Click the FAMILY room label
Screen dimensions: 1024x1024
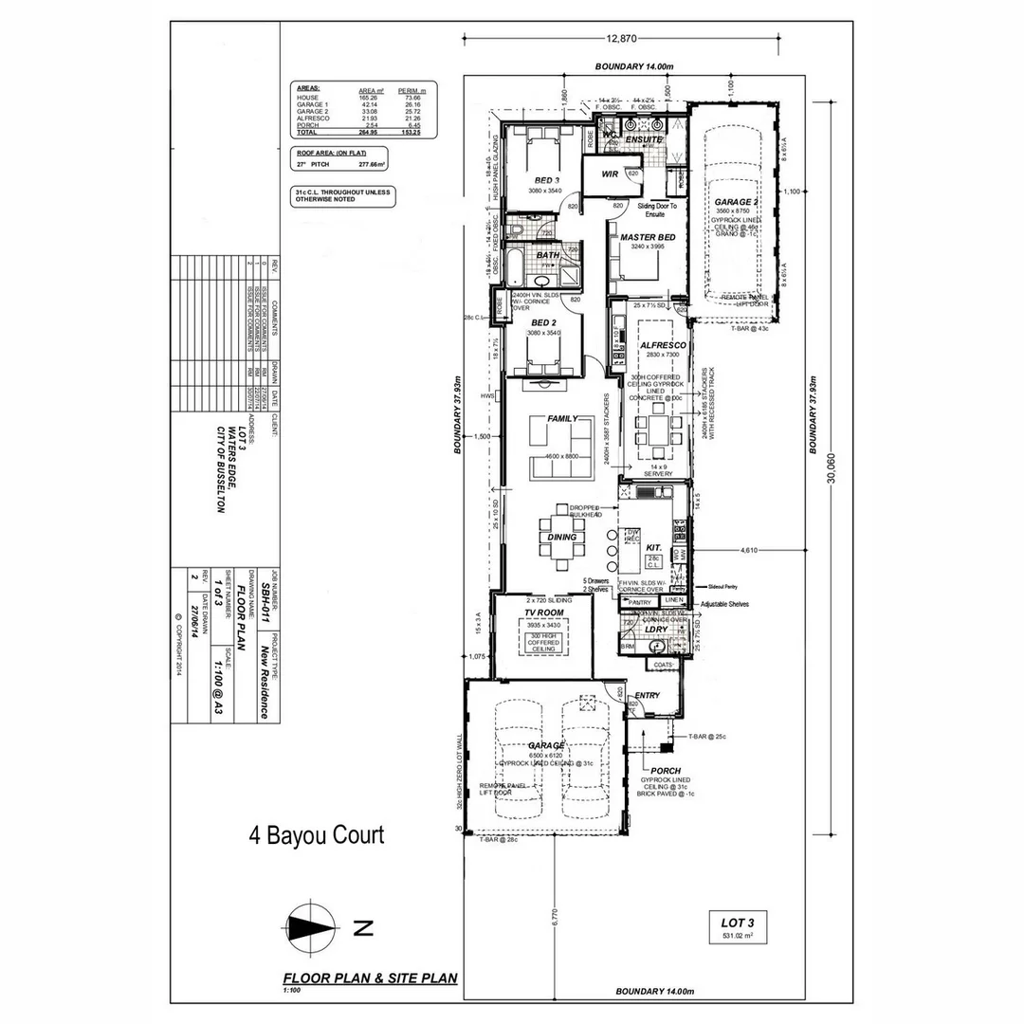pyautogui.click(x=563, y=418)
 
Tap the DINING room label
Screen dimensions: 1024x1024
pyautogui.click(x=562, y=538)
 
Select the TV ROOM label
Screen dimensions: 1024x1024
pyautogui.click(x=544, y=613)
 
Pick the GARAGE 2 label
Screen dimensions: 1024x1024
pyautogui.click(x=737, y=203)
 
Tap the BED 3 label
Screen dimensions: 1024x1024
pyautogui.click(x=547, y=180)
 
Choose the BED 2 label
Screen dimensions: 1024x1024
pyautogui.click(x=544, y=322)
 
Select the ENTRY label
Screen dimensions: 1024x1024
pyautogui.click(x=647, y=695)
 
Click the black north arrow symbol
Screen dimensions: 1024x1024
pyautogui.click(x=312, y=927)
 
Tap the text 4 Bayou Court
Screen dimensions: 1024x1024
pyautogui.click(x=316, y=835)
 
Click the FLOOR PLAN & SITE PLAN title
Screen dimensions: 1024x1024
pyautogui.click(x=371, y=978)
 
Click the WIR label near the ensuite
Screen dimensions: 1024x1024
pyautogui.click(x=610, y=174)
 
